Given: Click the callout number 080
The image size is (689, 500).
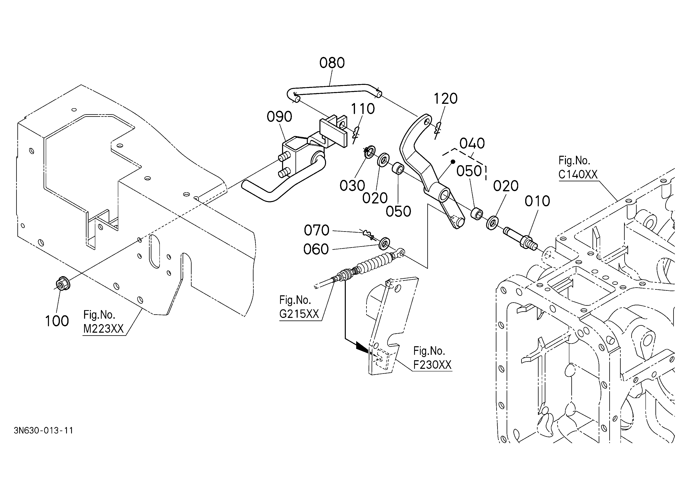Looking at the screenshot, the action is coord(332,63).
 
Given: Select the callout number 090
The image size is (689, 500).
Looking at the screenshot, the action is coord(279,117).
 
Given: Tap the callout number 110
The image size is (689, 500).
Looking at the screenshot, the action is coord(363,109).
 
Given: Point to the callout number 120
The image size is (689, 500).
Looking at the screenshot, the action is coord(445,99).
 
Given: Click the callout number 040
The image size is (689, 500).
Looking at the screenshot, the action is coord(472,143).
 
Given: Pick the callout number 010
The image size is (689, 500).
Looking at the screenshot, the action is coord(537,201).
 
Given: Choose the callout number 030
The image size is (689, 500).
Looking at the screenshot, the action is coord(352,186).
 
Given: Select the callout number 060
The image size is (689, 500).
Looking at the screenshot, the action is coord(316,249).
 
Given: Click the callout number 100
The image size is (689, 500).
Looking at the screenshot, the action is coord(57,321).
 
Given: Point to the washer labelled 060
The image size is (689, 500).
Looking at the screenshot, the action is coord(385,243).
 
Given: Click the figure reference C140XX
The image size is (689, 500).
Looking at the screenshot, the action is coord(578,174).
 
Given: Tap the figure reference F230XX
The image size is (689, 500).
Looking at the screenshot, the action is coord(433,365).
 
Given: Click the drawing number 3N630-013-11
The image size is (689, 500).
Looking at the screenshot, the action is coord(43,431).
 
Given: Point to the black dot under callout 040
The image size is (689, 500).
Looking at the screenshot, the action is coord(453,162).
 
